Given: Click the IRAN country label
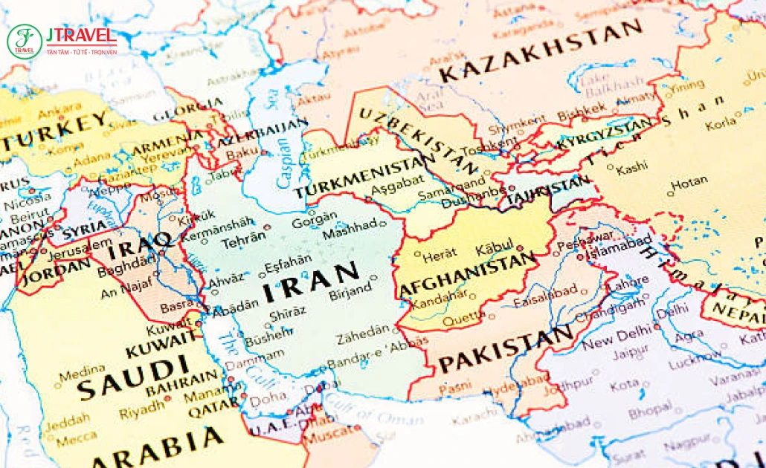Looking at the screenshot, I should pyautogui.click(x=311, y=282).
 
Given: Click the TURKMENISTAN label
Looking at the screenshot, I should pyautogui.click(x=364, y=178).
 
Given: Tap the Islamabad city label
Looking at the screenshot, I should pyautogui.click(x=619, y=247).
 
